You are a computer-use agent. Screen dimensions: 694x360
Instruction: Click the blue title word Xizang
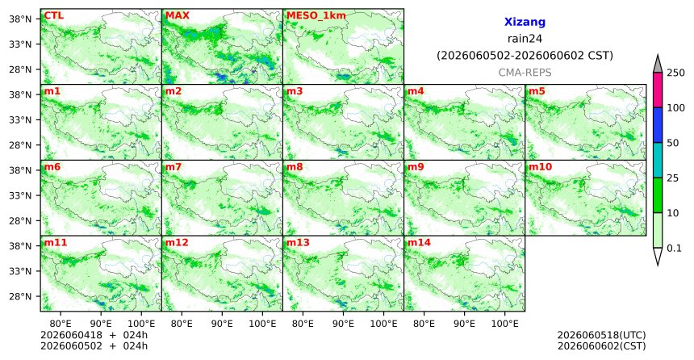coord(525,22)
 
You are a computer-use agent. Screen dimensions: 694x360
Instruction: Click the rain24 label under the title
coord(525,39)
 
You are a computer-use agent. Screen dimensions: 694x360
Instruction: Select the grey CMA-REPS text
coord(525,72)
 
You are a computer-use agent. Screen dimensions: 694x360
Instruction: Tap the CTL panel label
coord(53,15)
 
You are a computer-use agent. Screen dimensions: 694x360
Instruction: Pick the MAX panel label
coord(177,15)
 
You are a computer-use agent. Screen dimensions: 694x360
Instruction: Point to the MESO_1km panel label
coord(316,16)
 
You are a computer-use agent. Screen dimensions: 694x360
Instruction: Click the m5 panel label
coord(537,91)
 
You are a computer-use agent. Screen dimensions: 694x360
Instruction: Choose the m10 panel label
coord(541,167)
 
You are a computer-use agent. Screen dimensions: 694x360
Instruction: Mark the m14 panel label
coord(419,243)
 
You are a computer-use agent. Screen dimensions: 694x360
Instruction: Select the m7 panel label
coord(173,167)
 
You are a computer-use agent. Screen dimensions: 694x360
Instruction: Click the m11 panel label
coord(56,243)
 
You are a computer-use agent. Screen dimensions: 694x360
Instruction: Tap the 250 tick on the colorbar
coord(675,73)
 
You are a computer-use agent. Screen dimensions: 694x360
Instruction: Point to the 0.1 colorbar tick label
coord(674,248)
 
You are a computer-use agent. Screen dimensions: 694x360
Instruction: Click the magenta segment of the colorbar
coord(658,90)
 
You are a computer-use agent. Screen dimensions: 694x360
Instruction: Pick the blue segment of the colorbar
coord(658,125)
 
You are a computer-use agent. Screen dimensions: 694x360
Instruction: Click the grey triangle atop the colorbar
coord(658,65)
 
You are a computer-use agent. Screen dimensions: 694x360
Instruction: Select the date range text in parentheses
coord(525,56)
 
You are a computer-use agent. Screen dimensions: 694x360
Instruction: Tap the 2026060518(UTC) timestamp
coord(601,335)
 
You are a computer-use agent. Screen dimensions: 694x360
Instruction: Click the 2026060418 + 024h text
coord(94,335)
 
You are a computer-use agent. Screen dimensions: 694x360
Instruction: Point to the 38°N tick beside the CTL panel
coord(20,19)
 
